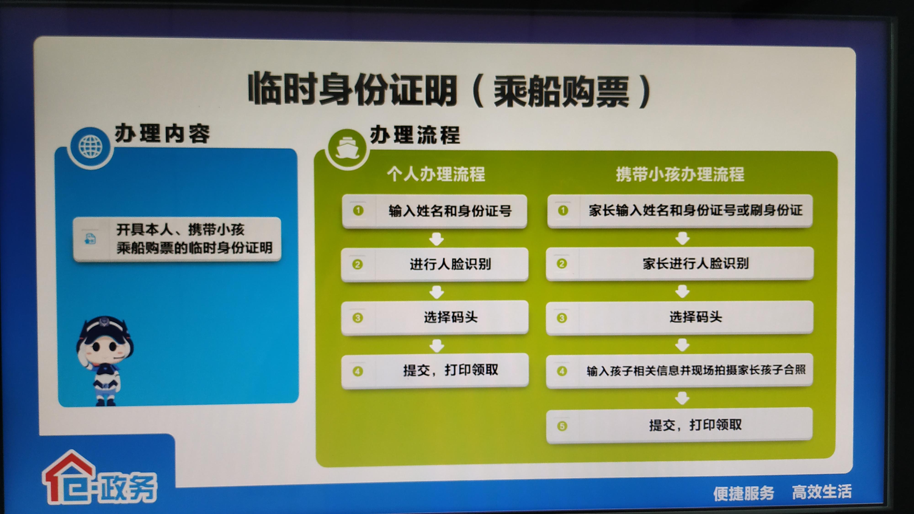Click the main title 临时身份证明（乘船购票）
pyautogui.click(x=449, y=90)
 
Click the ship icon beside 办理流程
pyautogui.click(x=347, y=148)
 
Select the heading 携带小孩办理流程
pyautogui.click(x=680, y=174)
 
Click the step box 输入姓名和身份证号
pyautogui.click(x=434, y=211)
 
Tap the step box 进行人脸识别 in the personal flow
pyautogui.click(x=434, y=264)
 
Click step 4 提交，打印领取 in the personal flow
pyautogui.click(x=434, y=371)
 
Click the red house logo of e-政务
pyautogui.click(x=69, y=477)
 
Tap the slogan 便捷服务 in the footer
pyautogui.click(x=743, y=493)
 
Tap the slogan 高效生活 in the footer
pyautogui.click(x=821, y=492)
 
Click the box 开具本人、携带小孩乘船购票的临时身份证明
pyautogui.click(x=177, y=239)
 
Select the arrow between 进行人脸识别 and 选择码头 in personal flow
pyautogui.click(x=436, y=292)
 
